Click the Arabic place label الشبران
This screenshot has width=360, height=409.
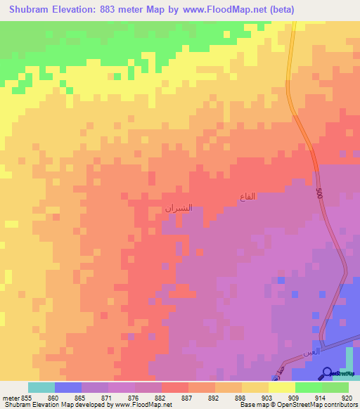(x=178, y=209)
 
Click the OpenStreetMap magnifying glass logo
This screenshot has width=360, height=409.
(x=327, y=372)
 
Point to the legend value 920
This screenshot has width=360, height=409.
(x=346, y=398)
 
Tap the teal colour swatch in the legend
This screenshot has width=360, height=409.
(x=41, y=387)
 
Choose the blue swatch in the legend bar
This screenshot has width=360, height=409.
(x=68, y=387)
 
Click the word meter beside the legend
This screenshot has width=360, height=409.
(x=11, y=398)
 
